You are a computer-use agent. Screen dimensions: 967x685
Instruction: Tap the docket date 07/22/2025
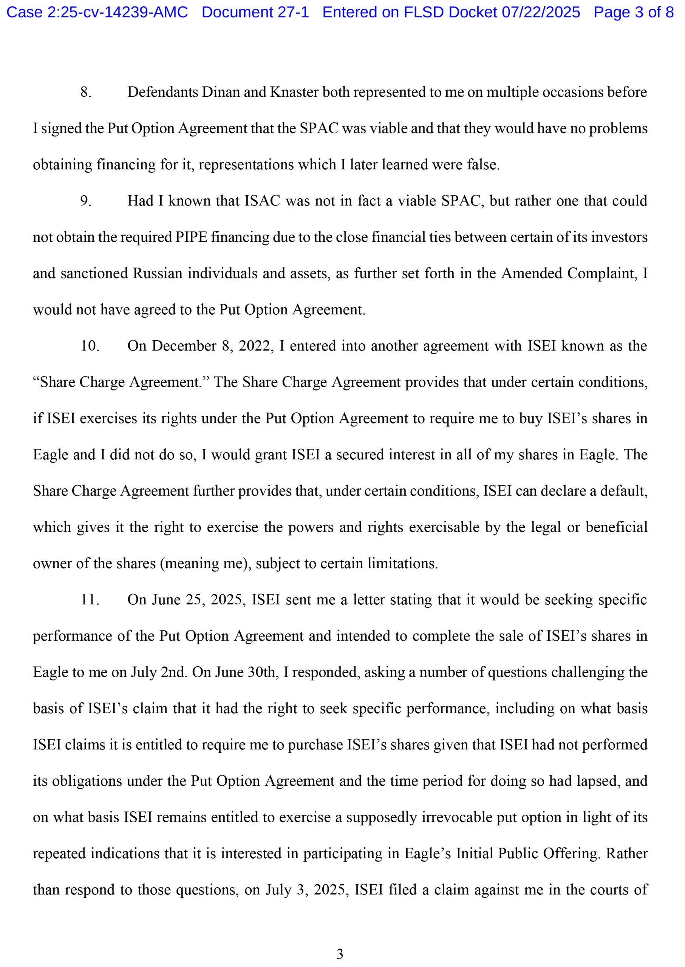(x=541, y=12)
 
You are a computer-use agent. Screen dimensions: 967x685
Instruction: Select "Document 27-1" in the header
(x=255, y=12)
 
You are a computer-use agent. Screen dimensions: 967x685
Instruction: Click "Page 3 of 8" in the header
(x=634, y=12)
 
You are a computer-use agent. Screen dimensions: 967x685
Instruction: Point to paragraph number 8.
(x=86, y=92)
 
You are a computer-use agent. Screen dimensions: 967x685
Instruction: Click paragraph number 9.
(x=86, y=201)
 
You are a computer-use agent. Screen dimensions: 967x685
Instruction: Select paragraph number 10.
(x=90, y=346)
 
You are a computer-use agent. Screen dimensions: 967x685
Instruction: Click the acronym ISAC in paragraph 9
(x=262, y=201)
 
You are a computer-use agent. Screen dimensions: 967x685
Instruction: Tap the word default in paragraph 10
(x=623, y=491)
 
